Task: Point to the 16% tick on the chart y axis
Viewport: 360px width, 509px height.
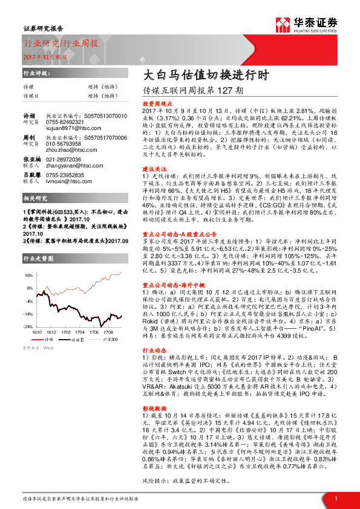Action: click(x=28, y=274)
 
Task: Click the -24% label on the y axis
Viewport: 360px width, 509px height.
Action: click(x=28, y=326)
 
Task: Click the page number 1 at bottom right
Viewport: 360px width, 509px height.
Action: click(x=336, y=498)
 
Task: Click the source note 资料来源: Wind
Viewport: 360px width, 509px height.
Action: click(x=38, y=348)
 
